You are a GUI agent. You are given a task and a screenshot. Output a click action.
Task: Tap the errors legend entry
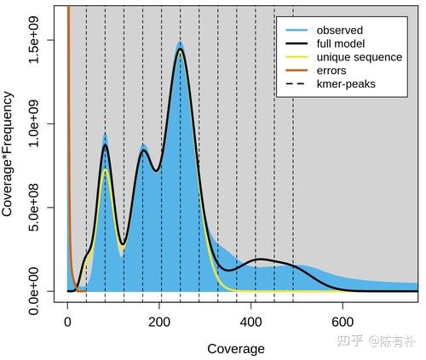pyautogui.click(x=334, y=71)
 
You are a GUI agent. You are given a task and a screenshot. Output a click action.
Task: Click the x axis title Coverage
pyautogui.click(x=235, y=349)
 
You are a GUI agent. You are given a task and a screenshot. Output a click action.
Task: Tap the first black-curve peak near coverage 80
pyautogui.click(x=105, y=146)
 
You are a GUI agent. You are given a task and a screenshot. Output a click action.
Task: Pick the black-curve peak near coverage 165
pyautogui.click(x=143, y=151)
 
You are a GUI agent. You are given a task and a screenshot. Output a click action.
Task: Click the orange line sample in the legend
pyautogui.click(x=294, y=71)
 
